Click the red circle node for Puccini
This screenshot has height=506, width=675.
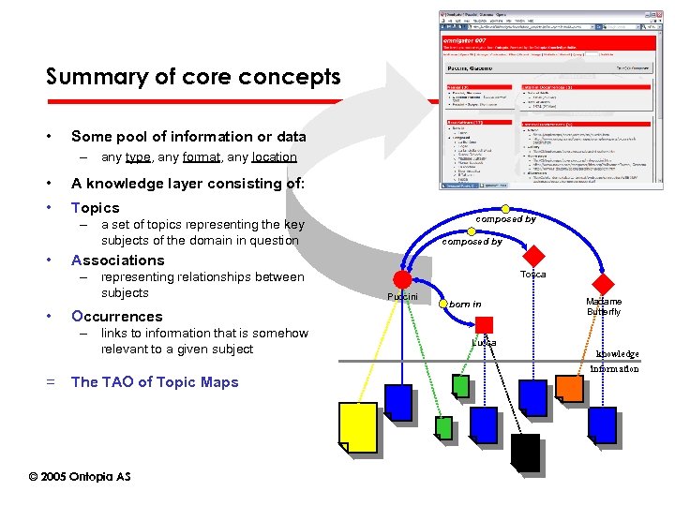click(x=402, y=279)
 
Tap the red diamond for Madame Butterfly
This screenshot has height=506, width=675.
click(x=605, y=284)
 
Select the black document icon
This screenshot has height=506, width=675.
click(x=525, y=452)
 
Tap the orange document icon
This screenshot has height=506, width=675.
click(x=569, y=388)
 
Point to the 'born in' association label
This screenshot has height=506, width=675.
click(x=464, y=304)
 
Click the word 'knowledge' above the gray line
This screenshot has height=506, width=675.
click(x=617, y=353)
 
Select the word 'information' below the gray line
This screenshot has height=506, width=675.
click(x=614, y=368)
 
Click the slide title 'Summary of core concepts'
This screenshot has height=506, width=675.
click(x=193, y=77)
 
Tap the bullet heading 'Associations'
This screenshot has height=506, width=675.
click(x=117, y=260)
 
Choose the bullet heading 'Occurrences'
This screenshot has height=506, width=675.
click(x=116, y=317)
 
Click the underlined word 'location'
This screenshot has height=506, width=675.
click(x=274, y=157)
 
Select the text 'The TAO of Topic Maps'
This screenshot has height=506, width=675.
click(x=155, y=382)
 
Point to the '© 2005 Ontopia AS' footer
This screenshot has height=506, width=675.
click(x=80, y=477)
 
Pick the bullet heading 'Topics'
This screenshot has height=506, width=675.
click(x=96, y=208)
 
